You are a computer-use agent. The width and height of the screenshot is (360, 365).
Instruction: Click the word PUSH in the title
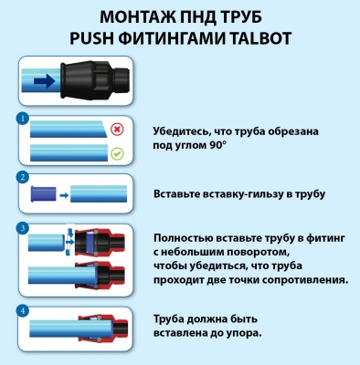tap(90, 38)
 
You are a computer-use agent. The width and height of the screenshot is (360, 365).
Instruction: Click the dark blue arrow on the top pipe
tap(45, 81)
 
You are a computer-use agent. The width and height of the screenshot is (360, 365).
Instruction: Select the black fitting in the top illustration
tap(95, 80)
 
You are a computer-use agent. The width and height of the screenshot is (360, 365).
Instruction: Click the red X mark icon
tap(117, 130)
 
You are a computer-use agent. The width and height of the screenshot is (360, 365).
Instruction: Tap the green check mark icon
tap(117, 153)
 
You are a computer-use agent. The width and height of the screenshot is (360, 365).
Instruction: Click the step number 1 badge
tap(23, 119)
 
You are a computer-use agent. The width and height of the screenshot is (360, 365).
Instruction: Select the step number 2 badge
tap(23, 177)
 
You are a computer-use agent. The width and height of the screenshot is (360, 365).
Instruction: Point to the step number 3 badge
tap(23, 228)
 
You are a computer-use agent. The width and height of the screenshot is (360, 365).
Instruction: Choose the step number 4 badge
tap(23, 311)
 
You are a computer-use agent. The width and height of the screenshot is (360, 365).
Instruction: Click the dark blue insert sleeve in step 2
tap(43, 194)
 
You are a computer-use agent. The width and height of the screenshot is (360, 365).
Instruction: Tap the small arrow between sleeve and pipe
tap(64, 195)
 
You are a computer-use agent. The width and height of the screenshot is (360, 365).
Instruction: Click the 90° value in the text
tap(218, 145)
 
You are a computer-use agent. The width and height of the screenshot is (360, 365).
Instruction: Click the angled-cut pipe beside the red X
tap(68, 130)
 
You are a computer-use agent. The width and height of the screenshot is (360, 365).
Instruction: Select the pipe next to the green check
tap(69, 152)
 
